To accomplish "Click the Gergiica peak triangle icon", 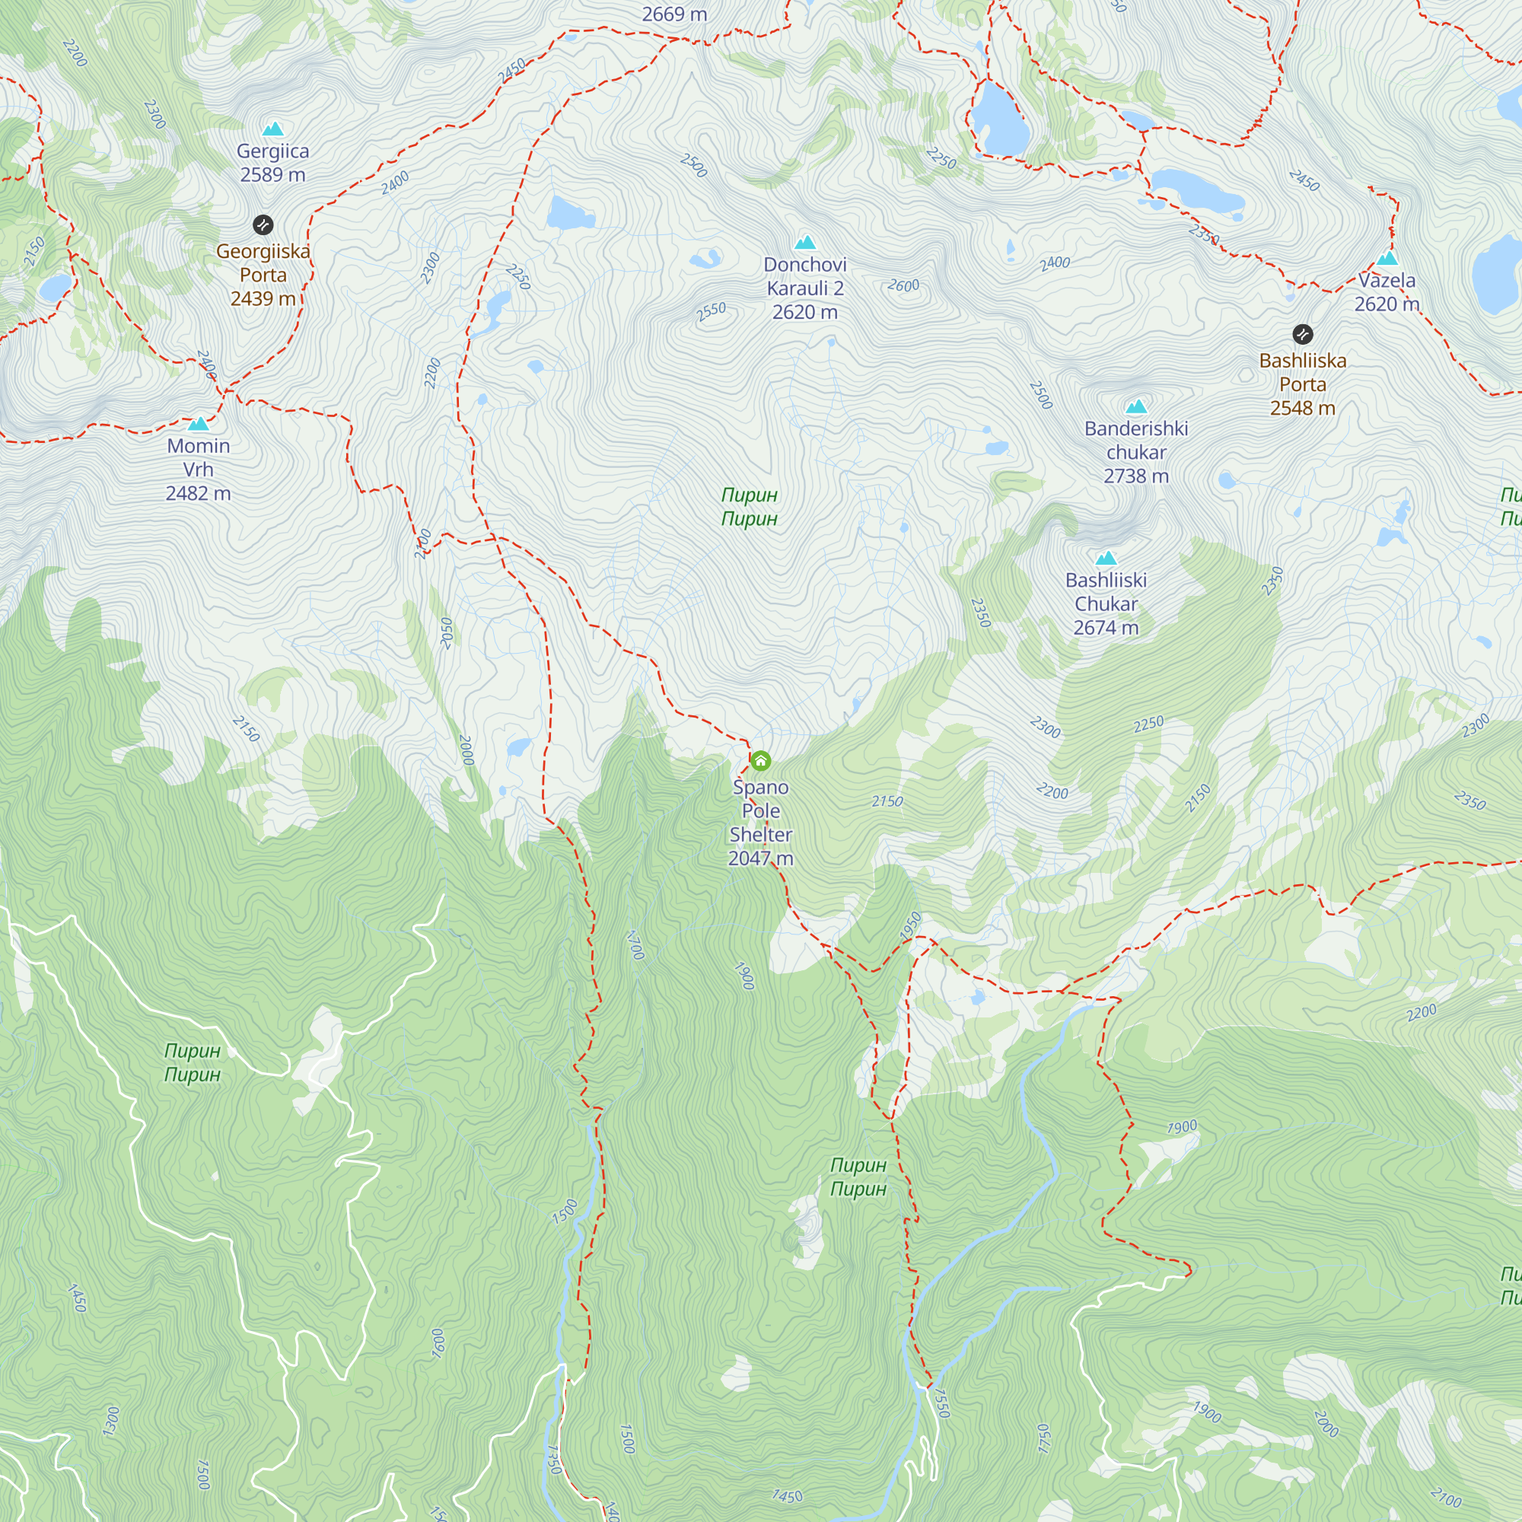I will [x=272, y=129].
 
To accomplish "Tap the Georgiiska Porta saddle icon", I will [x=263, y=225].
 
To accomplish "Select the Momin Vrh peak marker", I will [x=199, y=424].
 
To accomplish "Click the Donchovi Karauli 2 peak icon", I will [x=805, y=243].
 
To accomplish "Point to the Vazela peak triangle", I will [x=1387, y=259].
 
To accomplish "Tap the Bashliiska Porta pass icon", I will [x=1303, y=335].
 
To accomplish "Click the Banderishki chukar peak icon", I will [x=1136, y=407].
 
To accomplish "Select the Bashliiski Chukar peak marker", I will [x=1106, y=559].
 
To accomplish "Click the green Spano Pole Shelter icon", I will [x=760, y=761].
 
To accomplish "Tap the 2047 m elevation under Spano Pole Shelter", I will [x=760, y=858].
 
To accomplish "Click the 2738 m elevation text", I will [x=1136, y=476].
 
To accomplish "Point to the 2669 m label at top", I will [x=674, y=14].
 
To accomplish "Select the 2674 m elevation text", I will [x=1106, y=627].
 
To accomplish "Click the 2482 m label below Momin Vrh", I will [x=199, y=493].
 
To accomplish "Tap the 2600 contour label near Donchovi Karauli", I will [x=903, y=285].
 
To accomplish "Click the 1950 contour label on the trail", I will [x=911, y=925].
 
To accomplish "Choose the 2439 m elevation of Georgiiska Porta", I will [x=263, y=298].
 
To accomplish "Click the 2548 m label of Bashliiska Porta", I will [x=1303, y=407].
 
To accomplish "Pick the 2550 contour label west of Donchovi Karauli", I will [x=712, y=311].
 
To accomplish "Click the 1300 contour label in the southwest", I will [x=112, y=1420].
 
